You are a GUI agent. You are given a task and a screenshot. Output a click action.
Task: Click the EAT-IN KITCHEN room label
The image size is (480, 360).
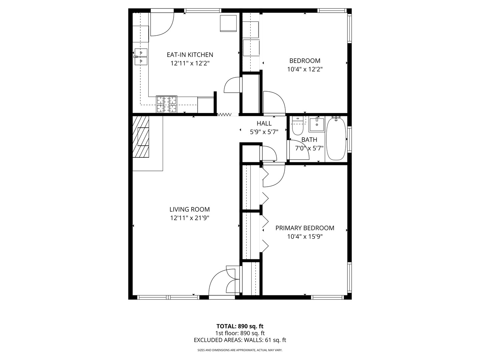click(190, 55)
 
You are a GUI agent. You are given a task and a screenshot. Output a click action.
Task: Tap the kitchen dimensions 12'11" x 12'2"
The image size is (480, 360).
click(190, 63)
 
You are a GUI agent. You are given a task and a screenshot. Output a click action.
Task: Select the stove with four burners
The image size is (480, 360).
click(166, 104)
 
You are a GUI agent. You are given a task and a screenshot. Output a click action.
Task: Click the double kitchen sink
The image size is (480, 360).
click(141, 56)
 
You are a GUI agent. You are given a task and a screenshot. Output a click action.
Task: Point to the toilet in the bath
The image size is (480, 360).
click(297, 126)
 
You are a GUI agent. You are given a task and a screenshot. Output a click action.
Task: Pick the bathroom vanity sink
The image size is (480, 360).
click(316, 125)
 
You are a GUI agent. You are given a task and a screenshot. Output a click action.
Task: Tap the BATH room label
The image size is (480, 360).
click(309, 140)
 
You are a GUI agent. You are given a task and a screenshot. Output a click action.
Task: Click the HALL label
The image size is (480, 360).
click(264, 124)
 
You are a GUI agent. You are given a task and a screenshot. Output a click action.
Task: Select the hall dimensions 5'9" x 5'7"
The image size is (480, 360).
click(264, 132)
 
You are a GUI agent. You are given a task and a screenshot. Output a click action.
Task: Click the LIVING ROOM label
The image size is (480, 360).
click(189, 209)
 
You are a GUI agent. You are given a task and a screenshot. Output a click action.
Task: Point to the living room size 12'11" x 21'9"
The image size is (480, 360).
click(189, 218)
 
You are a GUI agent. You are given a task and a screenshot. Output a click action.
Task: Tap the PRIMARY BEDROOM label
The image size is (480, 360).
click(305, 228)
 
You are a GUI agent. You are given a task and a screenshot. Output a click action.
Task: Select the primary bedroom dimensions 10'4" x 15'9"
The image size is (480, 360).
click(305, 237)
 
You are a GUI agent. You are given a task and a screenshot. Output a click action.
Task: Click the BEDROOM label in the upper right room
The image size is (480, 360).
click(305, 61)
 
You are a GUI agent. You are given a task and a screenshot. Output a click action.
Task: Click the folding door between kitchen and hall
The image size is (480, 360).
click(224, 114)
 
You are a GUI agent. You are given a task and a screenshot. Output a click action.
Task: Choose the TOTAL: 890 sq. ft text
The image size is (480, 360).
click(240, 326)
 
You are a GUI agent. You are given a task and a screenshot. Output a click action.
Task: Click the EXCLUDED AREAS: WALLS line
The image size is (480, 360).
click(240, 340)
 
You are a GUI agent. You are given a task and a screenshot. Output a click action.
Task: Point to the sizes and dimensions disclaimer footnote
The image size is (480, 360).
click(240, 350)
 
